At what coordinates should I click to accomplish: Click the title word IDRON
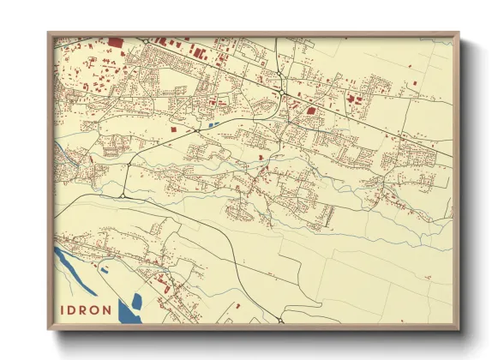coord(86,309)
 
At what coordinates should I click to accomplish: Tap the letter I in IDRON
coord(63,309)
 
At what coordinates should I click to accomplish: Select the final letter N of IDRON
coord(107,309)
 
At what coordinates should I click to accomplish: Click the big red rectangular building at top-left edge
coord(115,41)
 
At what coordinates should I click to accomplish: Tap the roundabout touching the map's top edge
coord(147,40)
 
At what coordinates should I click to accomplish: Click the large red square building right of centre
coord(310,110)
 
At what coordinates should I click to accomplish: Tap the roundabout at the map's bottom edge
coord(279,321)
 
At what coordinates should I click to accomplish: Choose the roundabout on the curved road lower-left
coord(123,196)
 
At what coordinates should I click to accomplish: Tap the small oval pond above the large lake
coord(105,270)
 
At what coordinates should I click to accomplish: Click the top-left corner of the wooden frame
coord(48,33)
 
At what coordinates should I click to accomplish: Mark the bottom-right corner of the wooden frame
coord(459,330)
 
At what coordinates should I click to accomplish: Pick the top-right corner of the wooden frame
coord(459,33)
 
